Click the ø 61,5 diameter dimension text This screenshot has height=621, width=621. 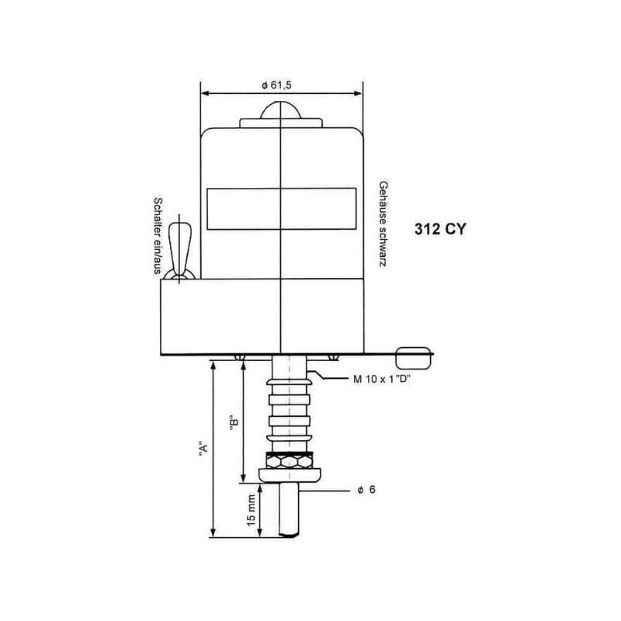click(x=276, y=85)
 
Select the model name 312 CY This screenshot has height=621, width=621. click(x=440, y=229)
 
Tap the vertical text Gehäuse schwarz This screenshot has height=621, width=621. click(x=383, y=224)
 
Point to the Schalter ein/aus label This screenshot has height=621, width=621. click(x=158, y=236)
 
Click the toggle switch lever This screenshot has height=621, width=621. click(x=180, y=249)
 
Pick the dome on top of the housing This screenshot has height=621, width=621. click(x=281, y=110)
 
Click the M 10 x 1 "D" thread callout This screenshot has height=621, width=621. click(x=382, y=379)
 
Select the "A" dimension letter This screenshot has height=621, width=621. click(x=203, y=450)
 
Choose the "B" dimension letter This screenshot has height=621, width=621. click(x=234, y=422)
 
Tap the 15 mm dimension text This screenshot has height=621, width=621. click(x=252, y=510)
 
